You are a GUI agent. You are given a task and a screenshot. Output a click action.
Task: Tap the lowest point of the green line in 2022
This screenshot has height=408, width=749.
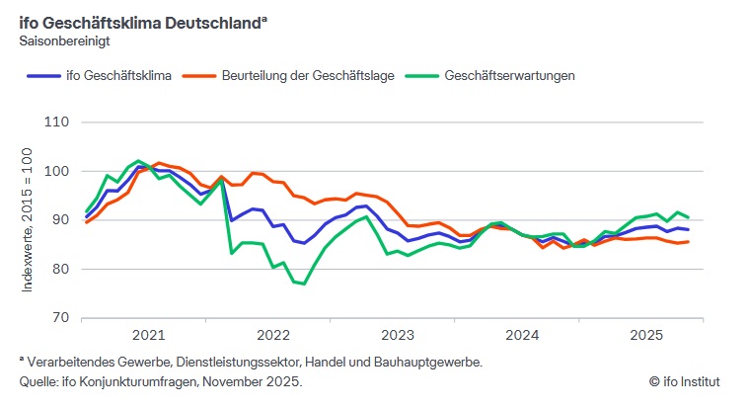(304, 284)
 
